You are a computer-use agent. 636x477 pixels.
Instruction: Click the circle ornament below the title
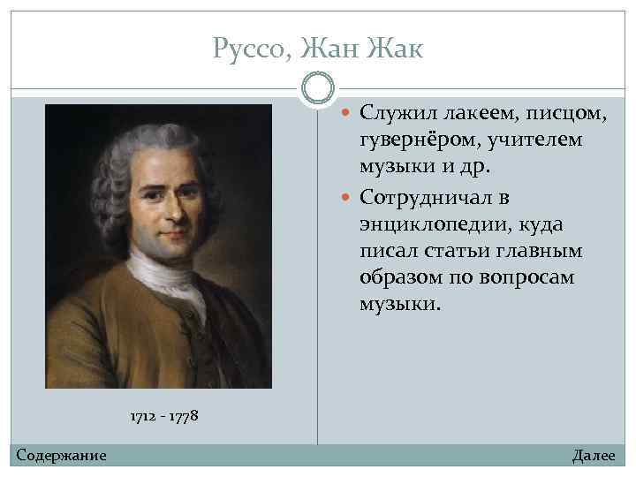click(318, 87)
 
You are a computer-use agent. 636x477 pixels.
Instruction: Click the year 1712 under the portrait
click(144, 415)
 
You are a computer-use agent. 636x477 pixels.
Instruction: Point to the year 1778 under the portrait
click(184, 415)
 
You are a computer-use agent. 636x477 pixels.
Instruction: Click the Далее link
click(594, 456)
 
